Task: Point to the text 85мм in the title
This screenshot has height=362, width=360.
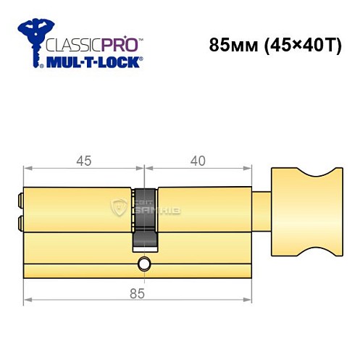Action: pyautogui.click(x=230, y=44)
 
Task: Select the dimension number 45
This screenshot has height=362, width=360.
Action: pyautogui.click(x=83, y=161)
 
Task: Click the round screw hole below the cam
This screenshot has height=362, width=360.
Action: pyautogui.click(x=144, y=264)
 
